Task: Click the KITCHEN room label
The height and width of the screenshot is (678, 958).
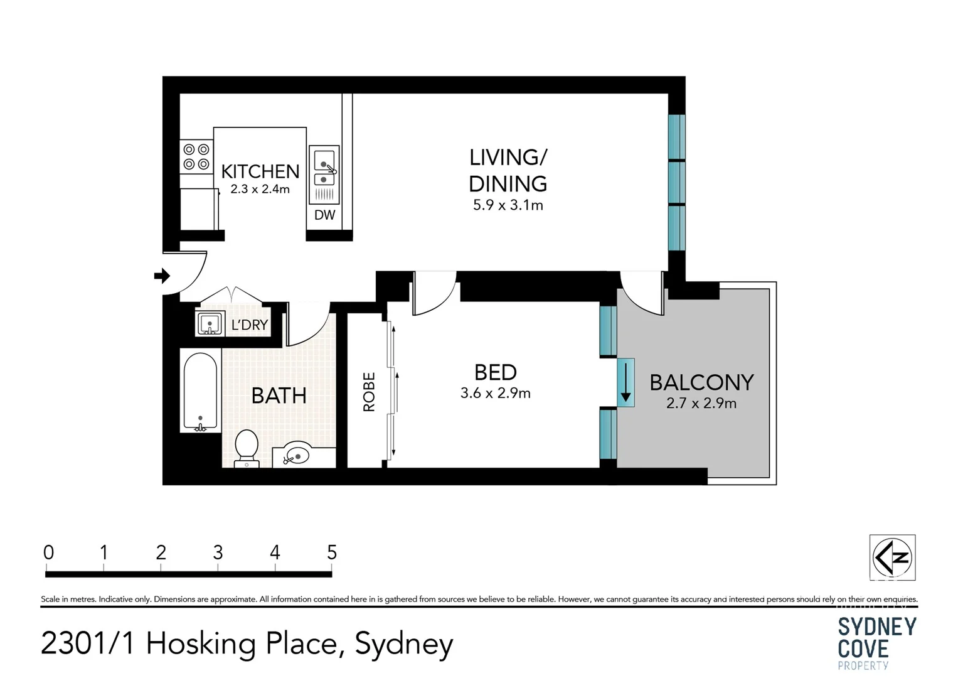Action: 260,171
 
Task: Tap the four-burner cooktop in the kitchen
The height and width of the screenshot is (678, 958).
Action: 196,157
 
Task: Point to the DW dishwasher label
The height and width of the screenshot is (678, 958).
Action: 324,215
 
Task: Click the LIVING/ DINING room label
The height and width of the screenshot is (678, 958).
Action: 508,170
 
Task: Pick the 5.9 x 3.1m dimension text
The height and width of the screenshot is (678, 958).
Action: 508,205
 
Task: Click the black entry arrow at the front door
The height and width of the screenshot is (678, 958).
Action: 162,276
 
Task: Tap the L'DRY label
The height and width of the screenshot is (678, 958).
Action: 249,325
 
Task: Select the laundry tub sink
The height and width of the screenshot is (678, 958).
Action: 210,324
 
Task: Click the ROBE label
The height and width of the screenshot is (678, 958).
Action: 369,392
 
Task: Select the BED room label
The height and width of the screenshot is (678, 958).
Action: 495,372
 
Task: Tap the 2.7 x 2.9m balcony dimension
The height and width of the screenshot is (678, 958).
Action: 701,404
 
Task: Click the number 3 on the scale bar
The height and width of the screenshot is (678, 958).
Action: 218,552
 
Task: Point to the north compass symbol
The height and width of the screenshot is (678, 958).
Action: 892,557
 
